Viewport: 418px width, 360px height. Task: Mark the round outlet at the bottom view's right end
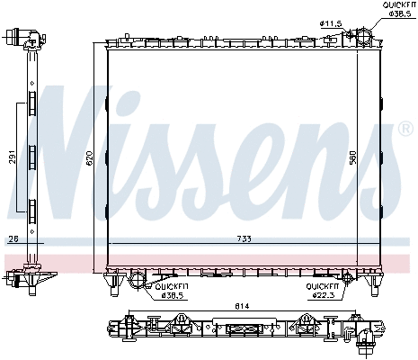pyautogui.click(x=368, y=339)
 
